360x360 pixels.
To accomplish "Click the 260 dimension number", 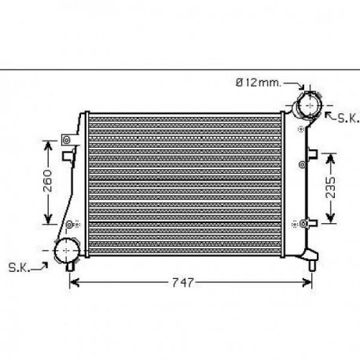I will pyautogui.click(x=47, y=183).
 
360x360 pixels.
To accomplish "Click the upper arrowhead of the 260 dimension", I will pyautogui.click(x=47, y=144).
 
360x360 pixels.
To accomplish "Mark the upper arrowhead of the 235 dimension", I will pyautogui.click(x=332, y=151).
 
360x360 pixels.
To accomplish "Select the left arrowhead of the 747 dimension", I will pyautogui.click(x=74, y=282).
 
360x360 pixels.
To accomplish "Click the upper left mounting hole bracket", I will pyautogui.click(x=67, y=141).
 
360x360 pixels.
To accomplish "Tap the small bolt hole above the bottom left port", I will pyautogui.click(x=70, y=224).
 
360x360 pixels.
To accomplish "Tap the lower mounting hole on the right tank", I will pyautogui.click(x=302, y=223).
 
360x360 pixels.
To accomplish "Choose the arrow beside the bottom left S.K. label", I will pyautogui.click(x=42, y=266).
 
